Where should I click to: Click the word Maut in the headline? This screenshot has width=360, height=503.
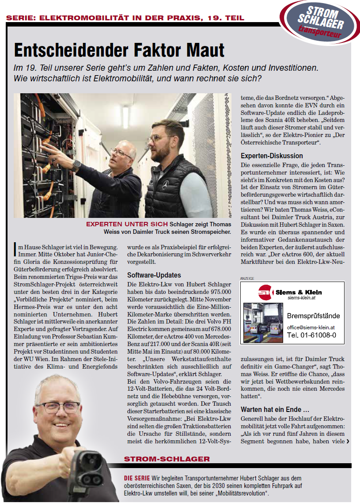(x=203, y=50)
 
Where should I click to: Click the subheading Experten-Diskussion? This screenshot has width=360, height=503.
(x=272, y=156)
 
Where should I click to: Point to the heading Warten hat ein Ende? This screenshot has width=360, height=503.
(x=272, y=409)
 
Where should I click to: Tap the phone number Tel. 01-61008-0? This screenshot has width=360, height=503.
(x=311, y=335)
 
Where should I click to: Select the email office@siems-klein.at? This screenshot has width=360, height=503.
(x=311, y=328)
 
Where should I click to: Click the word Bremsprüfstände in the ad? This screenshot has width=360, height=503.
(x=313, y=316)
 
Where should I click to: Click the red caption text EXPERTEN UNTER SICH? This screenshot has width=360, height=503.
(x=127, y=224)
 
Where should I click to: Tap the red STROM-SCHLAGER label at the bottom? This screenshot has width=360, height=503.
(x=167, y=459)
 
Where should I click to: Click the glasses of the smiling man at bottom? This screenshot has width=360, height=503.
(x=57, y=407)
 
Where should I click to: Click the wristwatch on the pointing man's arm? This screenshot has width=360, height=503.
(x=76, y=166)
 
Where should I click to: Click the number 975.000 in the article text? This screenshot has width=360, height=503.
(x=219, y=291)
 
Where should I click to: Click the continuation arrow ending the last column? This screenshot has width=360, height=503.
(x=348, y=441)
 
